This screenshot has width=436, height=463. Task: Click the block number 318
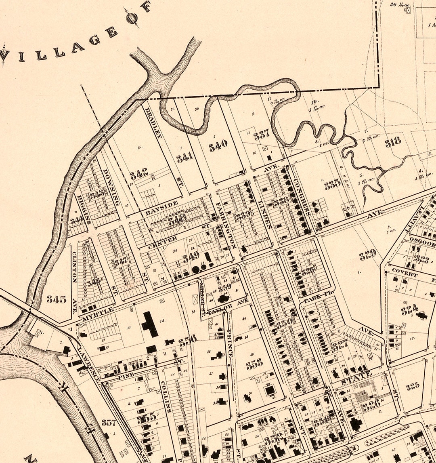click(x=392, y=141)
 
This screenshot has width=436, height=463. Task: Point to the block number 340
click(x=218, y=145)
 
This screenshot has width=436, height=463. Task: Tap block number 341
click(x=185, y=158)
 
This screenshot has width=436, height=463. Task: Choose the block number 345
click(x=56, y=299)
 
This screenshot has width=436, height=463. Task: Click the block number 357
click(x=109, y=423)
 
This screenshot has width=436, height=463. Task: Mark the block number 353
click(x=254, y=364)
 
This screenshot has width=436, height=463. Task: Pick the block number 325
click(x=412, y=387)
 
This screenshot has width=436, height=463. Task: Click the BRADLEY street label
click(x=154, y=123)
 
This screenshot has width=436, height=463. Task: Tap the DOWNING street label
click(x=112, y=187)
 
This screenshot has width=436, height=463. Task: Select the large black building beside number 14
click(x=149, y=324)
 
